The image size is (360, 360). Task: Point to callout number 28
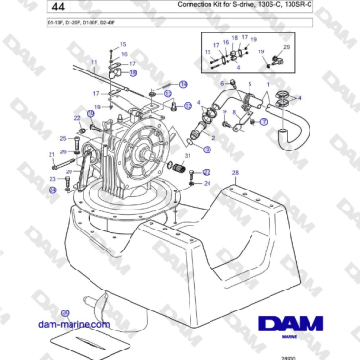tap(235, 173)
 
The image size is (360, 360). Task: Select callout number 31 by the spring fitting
tap(188, 155)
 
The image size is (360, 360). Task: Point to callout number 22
tap(78, 118)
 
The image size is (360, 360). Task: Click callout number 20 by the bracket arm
tap(56, 172)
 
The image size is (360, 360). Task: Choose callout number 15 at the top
tap(122, 44)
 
